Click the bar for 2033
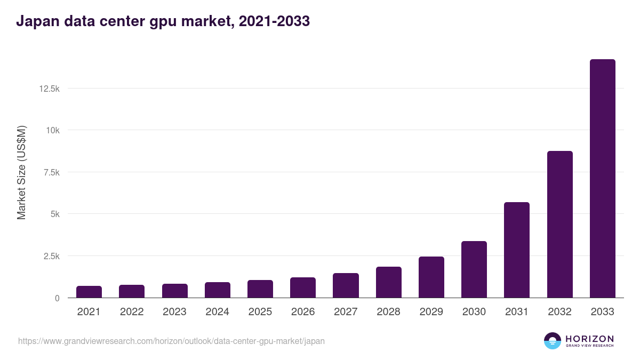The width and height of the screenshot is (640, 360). point(602,179)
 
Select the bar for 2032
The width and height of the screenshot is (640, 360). point(559,225)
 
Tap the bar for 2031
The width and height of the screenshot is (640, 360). point(517,250)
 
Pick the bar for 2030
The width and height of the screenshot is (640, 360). point(474,269)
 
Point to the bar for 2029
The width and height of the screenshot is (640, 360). point(431,277)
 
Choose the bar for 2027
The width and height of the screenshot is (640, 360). point(346,285)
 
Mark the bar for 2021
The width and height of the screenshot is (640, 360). point(89,292)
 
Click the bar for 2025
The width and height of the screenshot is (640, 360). point(260,289)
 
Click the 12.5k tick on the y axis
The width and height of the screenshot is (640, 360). point(49,89)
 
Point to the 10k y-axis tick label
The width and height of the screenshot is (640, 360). point(52,130)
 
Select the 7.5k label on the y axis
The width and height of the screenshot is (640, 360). point(51,172)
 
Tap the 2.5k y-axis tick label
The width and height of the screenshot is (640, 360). point(51,256)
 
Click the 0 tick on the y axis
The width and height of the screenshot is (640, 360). point(57,298)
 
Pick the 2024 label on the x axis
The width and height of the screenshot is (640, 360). point(217,312)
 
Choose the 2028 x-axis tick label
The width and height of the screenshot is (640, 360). point(388,312)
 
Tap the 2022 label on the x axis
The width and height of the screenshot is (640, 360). point(132,312)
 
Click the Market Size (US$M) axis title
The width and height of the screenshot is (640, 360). point(21,173)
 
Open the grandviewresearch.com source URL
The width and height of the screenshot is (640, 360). point(171,341)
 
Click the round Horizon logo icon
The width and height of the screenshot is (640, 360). point(553,341)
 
